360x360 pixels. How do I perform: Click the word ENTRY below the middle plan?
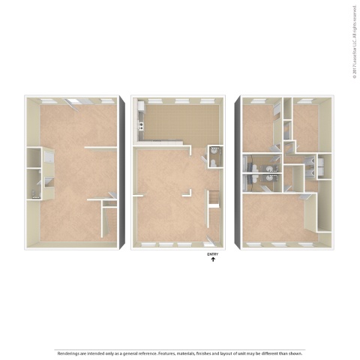(212, 253)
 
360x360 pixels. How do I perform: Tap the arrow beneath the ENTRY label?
(212, 259)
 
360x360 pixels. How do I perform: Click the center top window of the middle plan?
(180, 99)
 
